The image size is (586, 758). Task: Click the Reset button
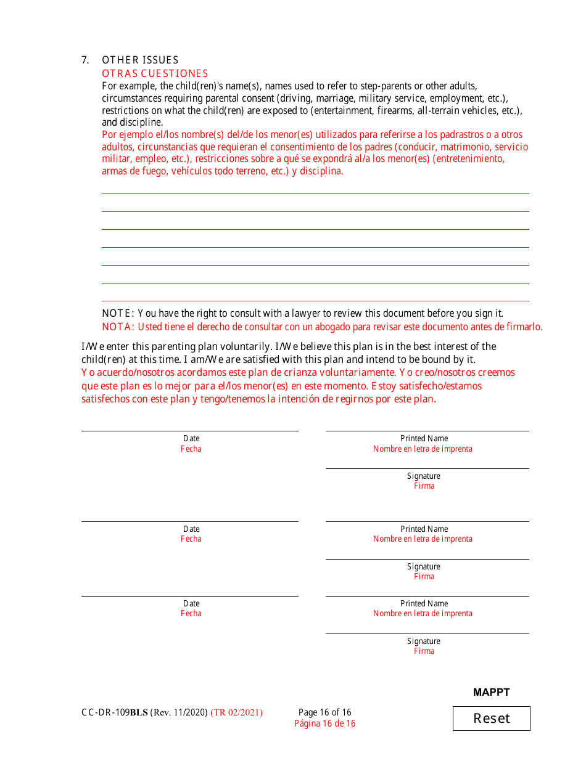click(491, 718)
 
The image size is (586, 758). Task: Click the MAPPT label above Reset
click(491, 692)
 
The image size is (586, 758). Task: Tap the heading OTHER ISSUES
click(140, 60)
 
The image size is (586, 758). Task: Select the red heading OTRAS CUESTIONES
click(155, 73)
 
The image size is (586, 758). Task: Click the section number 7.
click(85, 60)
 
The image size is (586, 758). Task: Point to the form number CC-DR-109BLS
click(115, 712)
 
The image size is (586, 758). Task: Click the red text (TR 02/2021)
click(236, 712)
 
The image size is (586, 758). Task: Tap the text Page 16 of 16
click(324, 712)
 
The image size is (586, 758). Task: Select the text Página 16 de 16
click(324, 723)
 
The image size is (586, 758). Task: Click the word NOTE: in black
click(118, 314)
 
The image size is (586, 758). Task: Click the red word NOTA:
click(118, 327)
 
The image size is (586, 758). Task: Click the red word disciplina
click(320, 171)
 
